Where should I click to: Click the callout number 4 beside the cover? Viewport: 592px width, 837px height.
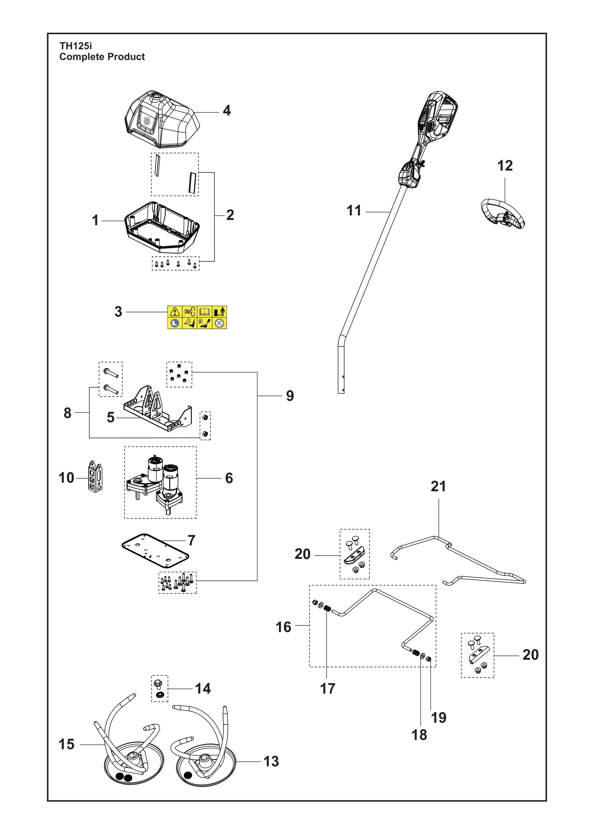coord(227,110)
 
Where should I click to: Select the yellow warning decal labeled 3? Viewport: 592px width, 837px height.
coord(197,317)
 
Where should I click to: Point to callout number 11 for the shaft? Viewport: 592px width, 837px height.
coord(354,211)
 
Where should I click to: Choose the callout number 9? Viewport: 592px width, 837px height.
coord(290,396)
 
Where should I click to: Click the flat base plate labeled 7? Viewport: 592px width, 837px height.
coord(155,551)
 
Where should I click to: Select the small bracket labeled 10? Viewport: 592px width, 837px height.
coord(95,476)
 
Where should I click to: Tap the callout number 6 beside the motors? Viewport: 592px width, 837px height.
coord(229,478)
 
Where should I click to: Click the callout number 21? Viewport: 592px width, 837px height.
coord(438,486)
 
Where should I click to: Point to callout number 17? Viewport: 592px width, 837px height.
coord(327,689)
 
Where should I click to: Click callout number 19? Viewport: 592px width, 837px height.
coord(438,717)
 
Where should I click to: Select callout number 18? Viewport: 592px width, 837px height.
coord(419,735)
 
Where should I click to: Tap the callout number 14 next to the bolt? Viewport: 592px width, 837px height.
coord(203,689)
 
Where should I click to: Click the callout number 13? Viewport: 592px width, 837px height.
coord(271,761)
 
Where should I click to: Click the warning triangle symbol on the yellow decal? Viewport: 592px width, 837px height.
coord(175,312)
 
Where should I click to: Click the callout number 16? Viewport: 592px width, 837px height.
coord(283,627)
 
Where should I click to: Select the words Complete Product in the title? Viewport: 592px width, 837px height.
coord(102,57)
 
